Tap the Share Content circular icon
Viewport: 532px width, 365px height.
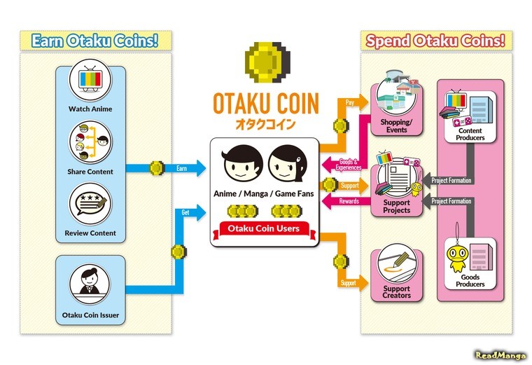(x=90, y=141)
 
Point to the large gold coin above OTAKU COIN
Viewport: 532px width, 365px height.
(x=265, y=63)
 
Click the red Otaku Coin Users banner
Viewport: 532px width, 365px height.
(x=265, y=228)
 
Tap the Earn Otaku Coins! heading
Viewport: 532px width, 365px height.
(x=95, y=41)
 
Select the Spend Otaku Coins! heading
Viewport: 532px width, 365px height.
(x=435, y=41)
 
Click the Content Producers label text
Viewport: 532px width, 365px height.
(x=470, y=134)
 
